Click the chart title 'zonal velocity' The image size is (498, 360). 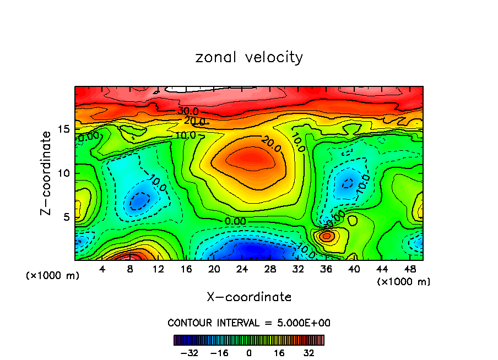249,57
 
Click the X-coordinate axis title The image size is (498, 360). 249,297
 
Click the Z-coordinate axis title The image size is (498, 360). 47,173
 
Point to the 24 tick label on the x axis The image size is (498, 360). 242,269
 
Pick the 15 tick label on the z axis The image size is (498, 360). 64,129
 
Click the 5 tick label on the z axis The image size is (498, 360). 66,217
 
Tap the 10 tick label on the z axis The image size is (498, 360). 64,173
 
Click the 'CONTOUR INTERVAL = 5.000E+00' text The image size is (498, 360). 249,323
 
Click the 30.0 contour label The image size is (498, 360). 188,111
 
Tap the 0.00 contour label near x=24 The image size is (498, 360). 235,221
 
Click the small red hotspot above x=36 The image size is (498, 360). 327,236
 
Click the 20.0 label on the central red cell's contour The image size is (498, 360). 271,145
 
